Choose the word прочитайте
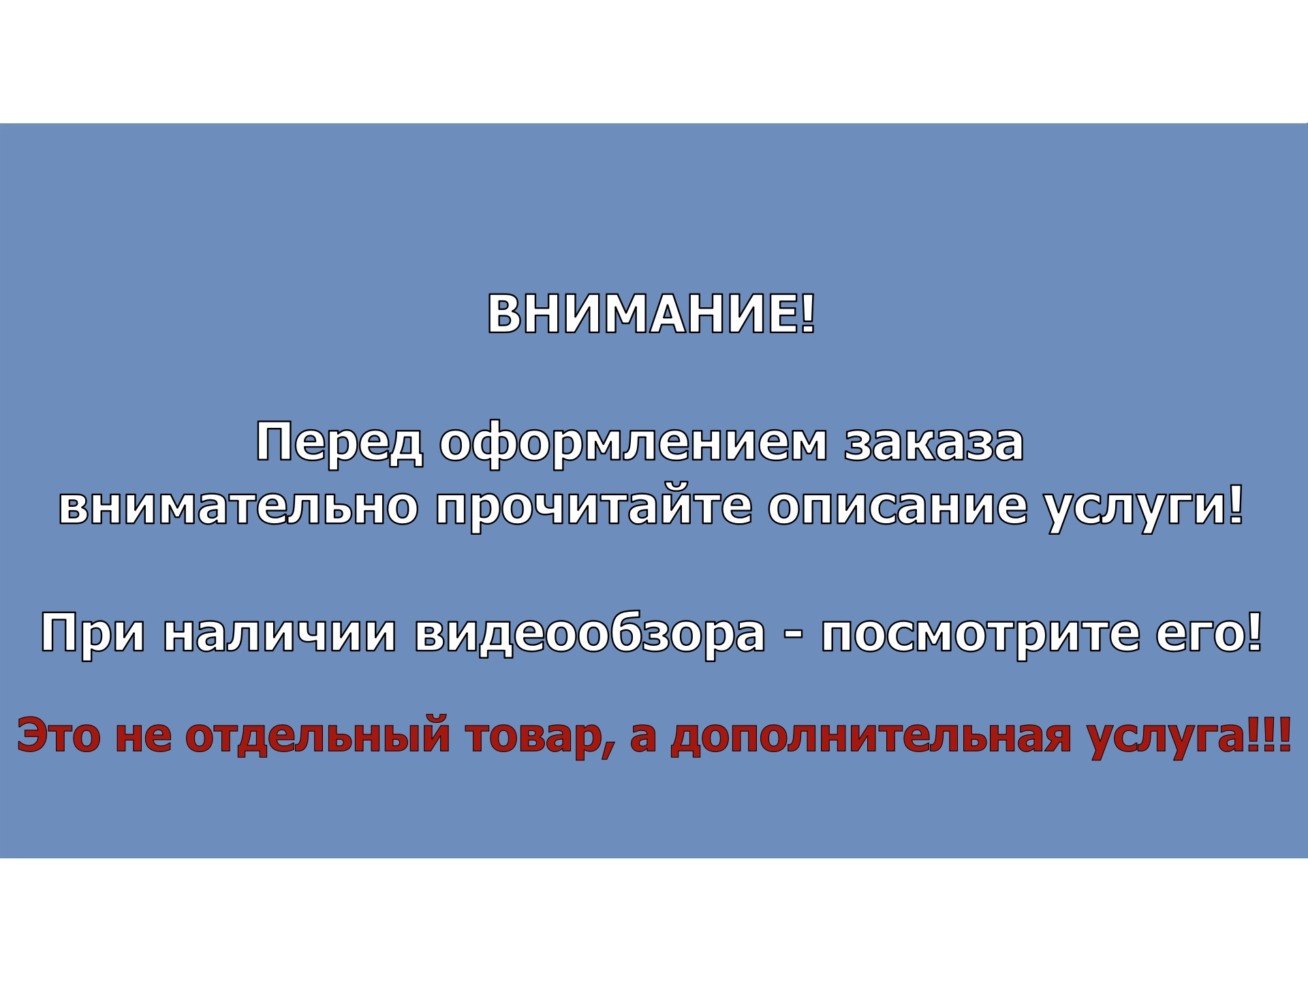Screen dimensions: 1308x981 coord(594,508)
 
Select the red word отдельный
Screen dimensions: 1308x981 coord(317,736)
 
